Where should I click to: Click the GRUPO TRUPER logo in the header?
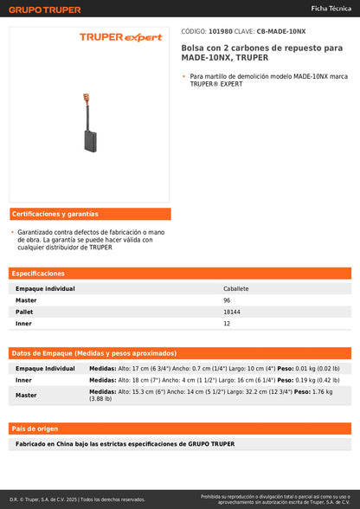[45, 10]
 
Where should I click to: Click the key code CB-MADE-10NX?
[281, 31]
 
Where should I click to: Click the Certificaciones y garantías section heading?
[55, 214]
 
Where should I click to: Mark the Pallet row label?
[24, 312]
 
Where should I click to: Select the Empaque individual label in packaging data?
[45, 368]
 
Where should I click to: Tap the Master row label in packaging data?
[26, 395]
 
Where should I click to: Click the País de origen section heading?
[35, 428]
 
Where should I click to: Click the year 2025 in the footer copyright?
[71, 499]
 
